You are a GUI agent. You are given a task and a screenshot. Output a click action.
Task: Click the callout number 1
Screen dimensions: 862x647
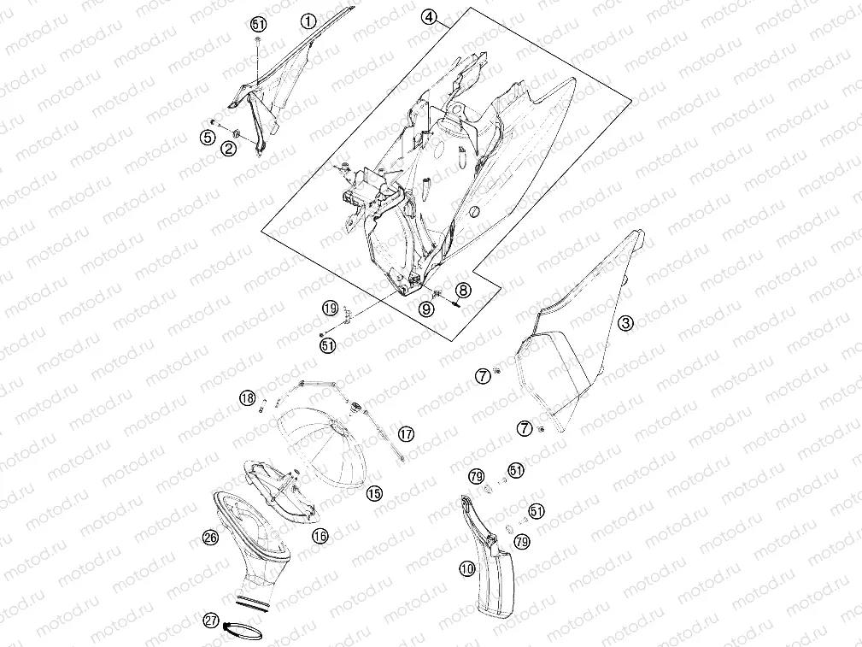click(x=308, y=21)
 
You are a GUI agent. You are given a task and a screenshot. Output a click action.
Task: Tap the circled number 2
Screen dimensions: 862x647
click(x=229, y=148)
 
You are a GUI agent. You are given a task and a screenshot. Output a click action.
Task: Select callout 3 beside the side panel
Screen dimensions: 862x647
click(x=625, y=323)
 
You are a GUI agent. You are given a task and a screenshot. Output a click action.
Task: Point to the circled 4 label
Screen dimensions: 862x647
click(x=429, y=18)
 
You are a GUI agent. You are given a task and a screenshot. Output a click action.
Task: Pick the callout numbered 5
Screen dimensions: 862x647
click(x=208, y=137)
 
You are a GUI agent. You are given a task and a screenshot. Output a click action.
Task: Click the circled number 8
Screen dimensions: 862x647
click(x=463, y=290)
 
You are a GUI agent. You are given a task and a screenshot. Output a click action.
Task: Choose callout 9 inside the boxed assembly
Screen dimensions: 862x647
click(x=426, y=309)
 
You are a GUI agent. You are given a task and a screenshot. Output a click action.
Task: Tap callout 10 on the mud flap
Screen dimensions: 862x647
click(x=467, y=568)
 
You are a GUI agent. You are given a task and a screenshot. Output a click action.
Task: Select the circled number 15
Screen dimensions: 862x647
click(x=374, y=493)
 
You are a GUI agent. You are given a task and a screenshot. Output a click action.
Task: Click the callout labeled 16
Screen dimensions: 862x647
click(x=320, y=535)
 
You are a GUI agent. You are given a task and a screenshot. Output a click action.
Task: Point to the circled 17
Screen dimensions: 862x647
click(x=406, y=434)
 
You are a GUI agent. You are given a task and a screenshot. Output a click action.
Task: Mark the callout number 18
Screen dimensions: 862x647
click(x=248, y=397)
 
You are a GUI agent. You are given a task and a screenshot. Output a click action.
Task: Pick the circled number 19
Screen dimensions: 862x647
click(x=330, y=308)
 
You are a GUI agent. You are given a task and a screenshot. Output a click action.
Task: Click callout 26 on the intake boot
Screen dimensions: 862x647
click(x=210, y=537)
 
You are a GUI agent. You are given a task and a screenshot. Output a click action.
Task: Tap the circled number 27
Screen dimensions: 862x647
click(x=211, y=621)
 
